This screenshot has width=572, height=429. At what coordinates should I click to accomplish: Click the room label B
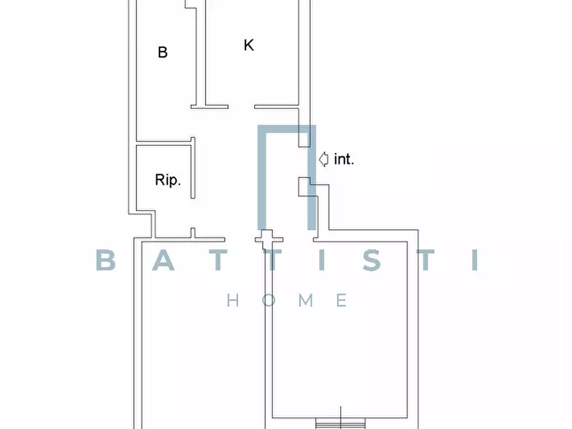click(163, 52)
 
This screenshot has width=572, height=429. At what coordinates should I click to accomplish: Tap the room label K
click(249, 45)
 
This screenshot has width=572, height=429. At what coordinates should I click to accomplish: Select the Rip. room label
click(168, 180)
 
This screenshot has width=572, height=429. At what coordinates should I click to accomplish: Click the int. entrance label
click(344, 159)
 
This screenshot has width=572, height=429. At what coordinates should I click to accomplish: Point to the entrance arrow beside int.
click(323, 159)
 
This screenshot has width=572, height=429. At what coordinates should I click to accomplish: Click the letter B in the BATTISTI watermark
click(106, 260)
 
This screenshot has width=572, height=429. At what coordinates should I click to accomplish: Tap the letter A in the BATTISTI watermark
click(163, 260)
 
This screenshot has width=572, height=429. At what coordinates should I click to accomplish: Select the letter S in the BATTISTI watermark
click(372, 260)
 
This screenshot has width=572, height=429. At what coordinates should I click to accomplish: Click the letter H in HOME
click(233, 300)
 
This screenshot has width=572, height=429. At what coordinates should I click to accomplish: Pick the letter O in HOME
click(268, 300)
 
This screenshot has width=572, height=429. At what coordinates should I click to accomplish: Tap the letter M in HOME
click(306, 300)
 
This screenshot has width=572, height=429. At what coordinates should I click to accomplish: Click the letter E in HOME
click(342, 300)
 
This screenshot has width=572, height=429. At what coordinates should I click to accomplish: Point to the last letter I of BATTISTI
click(475, 260)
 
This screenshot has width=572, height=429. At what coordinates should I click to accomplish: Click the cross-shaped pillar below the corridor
click(268, 239)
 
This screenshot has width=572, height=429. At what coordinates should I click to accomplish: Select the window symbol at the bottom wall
click(340, 423)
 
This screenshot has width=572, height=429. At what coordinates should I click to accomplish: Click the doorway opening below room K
click(241, 107)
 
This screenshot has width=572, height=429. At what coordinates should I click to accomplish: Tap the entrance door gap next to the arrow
click(304, 163)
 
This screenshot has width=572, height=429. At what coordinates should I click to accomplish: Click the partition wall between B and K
click(201, 54)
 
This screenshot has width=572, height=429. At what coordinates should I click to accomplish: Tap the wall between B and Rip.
click(165, 142)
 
